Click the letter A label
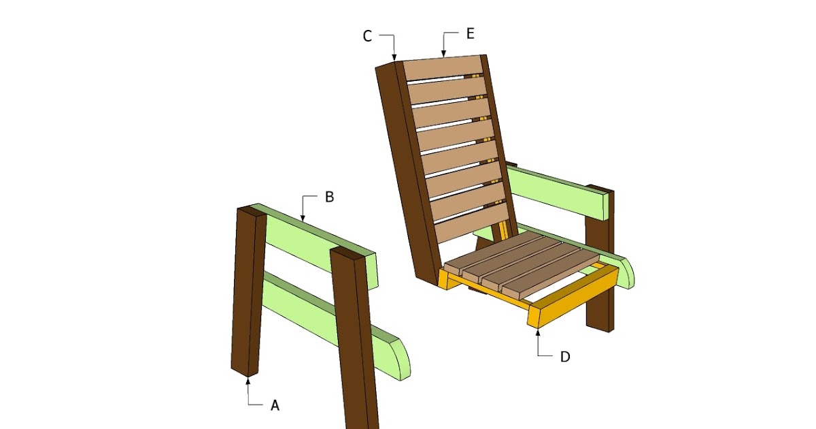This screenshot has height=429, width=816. coord(275,405)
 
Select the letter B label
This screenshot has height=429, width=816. coord(329,197)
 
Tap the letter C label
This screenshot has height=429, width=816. coord(367,36)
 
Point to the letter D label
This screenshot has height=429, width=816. coord(565,357)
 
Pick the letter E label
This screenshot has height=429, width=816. coord(471,34)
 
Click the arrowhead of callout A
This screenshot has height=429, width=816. coord(248,381)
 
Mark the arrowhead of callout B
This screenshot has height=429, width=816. coord(303,218)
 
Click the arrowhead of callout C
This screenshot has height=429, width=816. coord(394,57)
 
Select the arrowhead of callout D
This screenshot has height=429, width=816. coord(538,332)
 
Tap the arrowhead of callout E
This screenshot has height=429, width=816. coord(443,53)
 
